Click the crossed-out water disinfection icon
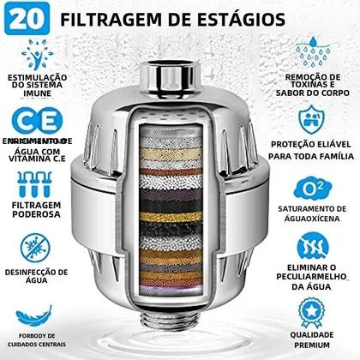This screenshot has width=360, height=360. click(33, 246)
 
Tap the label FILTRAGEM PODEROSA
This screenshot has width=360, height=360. click(34, 211)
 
